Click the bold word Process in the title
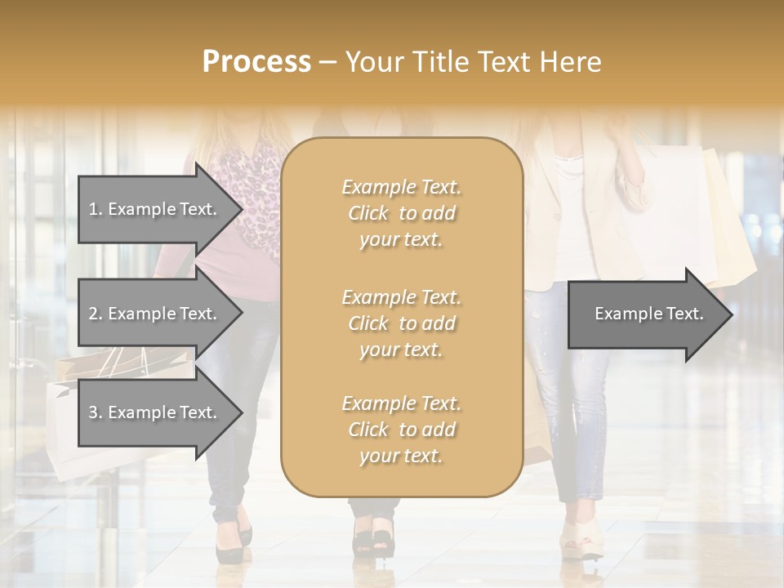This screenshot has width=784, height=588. click(x=256, y=62)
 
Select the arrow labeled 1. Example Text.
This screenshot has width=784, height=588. click(x=153, y=209)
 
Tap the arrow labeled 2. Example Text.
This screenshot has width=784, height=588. click(x=153, y=314)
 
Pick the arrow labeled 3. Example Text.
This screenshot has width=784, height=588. click(x=153, y=412)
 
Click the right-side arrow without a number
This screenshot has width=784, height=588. click(x=648, y=314)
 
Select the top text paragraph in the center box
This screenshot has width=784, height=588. click(x=401, y=213)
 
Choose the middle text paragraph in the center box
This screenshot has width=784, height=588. click(x=401, y=323)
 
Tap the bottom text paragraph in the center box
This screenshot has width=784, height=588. click(x=401, y=430)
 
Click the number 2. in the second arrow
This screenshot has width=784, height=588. click(x=96, y=314)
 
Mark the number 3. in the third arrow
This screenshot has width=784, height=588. click(x=96, y=412)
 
